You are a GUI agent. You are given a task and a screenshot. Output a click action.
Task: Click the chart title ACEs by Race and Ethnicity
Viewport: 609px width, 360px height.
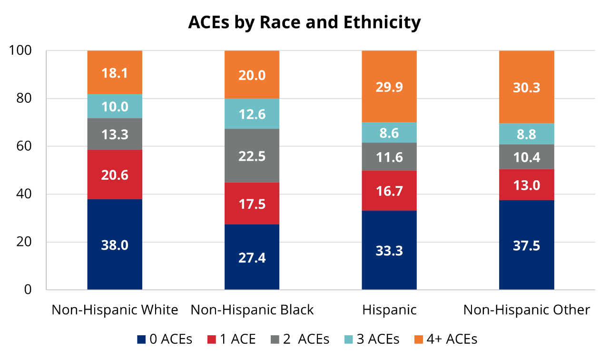(304, 22)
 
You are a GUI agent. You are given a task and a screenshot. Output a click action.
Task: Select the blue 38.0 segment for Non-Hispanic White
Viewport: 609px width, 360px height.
(115, 244)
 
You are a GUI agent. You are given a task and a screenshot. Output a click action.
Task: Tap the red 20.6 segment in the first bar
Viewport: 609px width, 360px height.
(115, 175)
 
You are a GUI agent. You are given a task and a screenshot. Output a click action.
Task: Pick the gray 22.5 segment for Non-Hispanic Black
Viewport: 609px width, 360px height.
(252, 156)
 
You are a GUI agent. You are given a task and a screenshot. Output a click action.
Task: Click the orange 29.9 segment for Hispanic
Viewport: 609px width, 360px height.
(389, 87)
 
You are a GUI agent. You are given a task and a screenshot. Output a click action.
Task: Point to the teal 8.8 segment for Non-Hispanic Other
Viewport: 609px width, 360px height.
(526, 134)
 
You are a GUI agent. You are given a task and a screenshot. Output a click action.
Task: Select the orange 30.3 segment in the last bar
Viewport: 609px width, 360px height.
(526, 87)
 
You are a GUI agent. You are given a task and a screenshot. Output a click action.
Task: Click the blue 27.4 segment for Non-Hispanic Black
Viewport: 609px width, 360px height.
(252, 257)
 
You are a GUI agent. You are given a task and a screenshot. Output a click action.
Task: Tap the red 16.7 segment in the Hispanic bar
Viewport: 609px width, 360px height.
(389, 191)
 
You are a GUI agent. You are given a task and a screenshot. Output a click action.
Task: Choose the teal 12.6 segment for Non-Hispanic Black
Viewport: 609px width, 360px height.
(252, 114)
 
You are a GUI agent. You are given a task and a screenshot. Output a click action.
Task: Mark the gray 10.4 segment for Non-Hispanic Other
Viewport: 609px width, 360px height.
(526, 157)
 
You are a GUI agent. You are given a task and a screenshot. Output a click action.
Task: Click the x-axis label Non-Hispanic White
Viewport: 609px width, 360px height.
(115, 310)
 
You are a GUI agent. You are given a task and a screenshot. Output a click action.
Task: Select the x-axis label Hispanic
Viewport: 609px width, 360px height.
(389, 310)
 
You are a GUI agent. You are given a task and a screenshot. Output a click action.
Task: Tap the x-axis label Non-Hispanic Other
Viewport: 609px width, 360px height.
(526, 310)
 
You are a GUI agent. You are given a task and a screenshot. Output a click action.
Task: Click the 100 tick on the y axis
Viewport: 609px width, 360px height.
(20, 50)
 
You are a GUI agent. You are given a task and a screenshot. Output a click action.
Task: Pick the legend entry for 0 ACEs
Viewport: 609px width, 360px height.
(165, 339)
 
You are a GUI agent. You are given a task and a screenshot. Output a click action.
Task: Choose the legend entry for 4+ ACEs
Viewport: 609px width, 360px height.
(445, 339)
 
